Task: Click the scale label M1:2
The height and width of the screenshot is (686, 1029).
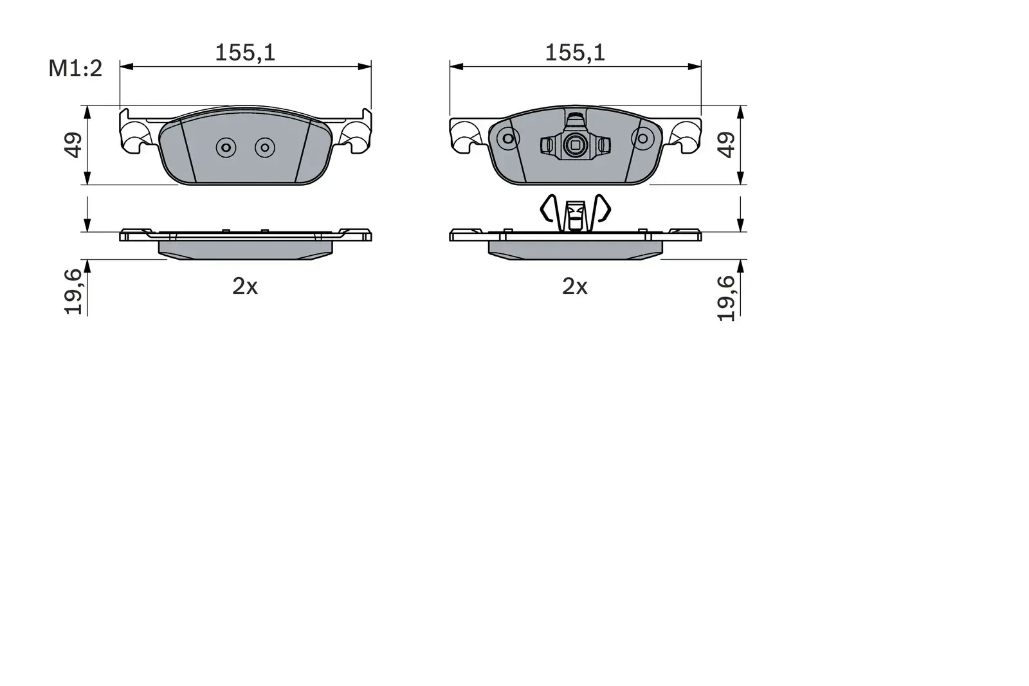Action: point(75,68)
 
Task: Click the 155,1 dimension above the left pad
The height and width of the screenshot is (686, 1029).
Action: point(245,53)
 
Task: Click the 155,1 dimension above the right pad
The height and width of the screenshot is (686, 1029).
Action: point(575,53)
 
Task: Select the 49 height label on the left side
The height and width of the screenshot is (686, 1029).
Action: point(73,145)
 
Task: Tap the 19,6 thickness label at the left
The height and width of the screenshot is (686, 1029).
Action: point(74,291)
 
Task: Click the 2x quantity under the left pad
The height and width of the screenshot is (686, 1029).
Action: point(245,287)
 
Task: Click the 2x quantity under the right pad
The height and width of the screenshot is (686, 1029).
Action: point(575,287)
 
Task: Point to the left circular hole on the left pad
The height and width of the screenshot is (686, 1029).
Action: point(226,148)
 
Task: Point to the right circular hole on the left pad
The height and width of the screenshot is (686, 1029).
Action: point(264,148)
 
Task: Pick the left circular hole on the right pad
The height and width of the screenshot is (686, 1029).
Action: point(509,138)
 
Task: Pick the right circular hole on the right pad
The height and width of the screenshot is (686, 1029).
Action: point(641,138)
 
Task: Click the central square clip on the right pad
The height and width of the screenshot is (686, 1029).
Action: point(574,147)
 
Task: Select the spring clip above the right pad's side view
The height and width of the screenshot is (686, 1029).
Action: point(574,210)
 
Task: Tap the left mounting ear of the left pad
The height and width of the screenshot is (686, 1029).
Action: point(136,133)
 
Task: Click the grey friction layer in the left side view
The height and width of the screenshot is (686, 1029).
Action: point(245,248)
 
